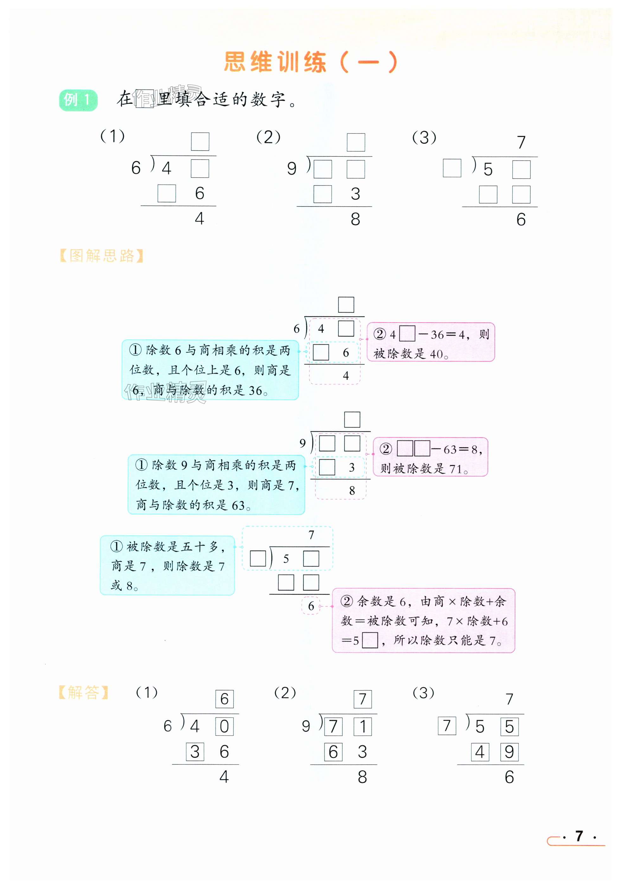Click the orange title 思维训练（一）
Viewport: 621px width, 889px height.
[x=311, y=62]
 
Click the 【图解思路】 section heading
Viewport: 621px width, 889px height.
[x=101, y=256]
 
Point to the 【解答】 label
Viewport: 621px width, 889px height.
[x=83, y=693]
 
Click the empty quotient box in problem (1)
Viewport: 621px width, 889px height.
[x=200, y=142]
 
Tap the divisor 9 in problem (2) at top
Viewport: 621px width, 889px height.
[x=292, y=168]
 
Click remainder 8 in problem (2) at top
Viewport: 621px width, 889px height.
[x=355, y=219]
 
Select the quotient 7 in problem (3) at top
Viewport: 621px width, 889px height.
[x=521, y=142]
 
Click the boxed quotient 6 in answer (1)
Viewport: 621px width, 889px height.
[x=224, y=699]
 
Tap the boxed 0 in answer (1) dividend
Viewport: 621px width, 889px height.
[x=224, y=727]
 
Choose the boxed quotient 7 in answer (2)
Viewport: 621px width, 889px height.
[x=362, y=699]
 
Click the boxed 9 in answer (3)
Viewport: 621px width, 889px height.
[x=509, y=752]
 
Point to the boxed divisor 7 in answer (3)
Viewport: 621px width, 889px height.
[x=447, y=726]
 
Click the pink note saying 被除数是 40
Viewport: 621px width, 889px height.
[x=430, y=342]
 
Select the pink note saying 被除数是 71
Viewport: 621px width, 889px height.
[x=430, y=457]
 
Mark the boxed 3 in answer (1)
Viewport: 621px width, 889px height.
[x=195, y=752]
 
